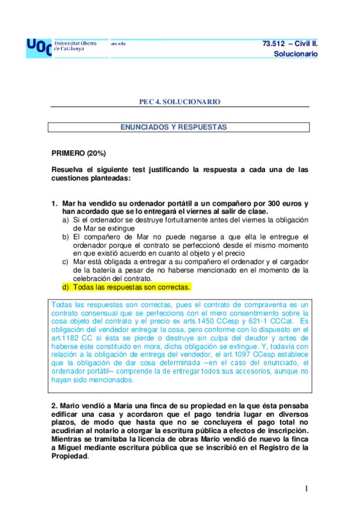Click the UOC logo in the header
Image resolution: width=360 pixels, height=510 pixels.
39,46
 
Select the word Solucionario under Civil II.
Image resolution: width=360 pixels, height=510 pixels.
295,54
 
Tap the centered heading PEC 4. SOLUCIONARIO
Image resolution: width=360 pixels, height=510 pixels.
180,102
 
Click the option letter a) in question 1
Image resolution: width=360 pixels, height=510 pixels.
66,220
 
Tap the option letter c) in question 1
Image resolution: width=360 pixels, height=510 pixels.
66,262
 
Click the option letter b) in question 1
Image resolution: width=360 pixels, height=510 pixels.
66,237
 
